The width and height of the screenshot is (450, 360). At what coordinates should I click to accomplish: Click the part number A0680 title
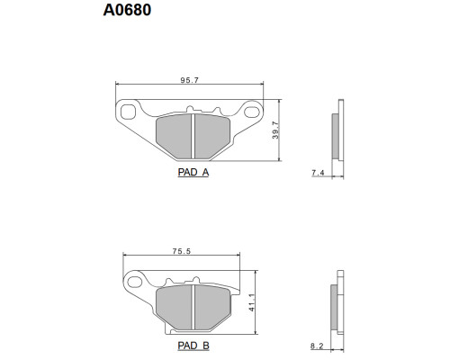[x=127, y=10]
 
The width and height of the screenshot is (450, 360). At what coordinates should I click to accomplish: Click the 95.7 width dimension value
[x=190, y=80]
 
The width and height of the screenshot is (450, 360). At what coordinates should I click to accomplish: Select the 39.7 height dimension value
[x=275, y=130]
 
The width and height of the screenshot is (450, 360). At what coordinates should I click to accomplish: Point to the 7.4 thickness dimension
[x=318, y=173]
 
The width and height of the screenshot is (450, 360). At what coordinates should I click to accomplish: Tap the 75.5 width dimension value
[x=182, y=251]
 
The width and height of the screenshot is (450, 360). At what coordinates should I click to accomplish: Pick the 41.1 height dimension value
[x=252, y=302]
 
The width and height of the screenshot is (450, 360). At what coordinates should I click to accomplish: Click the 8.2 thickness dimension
[x=317, y=346]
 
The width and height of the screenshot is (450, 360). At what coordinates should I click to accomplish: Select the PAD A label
[x=193, y=172]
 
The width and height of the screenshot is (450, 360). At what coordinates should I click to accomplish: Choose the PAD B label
[x=193, y=346]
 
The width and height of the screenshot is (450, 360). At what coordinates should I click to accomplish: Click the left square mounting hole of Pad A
[x=127, y=112]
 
